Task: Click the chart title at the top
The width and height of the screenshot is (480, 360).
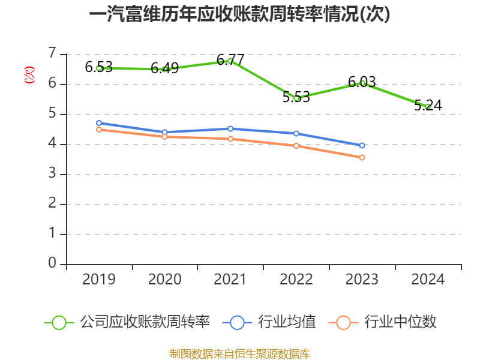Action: tap(239, 14)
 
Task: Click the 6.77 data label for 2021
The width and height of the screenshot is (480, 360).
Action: tap(230, 59)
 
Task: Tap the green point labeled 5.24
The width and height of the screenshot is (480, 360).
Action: tap(428, 107)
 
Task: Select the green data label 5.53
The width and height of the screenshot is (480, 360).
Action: tap(296, 97)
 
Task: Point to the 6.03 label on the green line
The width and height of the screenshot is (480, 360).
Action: tap(362, 82)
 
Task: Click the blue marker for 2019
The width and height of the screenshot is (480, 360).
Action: tap(99, 123)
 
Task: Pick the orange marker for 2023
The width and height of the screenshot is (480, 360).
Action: tap(362, 157)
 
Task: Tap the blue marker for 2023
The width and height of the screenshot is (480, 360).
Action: tap(362, 145)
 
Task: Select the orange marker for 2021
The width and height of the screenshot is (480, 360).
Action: tap(230, 139)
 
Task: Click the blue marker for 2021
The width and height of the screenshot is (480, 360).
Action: tap(230, 129)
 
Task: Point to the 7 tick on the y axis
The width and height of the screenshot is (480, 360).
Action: tap(53, 53)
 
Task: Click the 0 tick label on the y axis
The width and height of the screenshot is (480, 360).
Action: tap(53, 263)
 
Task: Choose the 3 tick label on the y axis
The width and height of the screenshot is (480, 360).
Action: tap(53, 173)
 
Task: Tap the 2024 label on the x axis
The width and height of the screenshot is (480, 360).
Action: tap(428, 279)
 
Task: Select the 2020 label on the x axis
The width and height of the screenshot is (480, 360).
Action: tap(164, 279)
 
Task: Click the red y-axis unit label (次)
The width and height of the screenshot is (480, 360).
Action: tap(29, 75)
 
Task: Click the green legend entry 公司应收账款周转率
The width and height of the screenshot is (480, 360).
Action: tap(127, 322)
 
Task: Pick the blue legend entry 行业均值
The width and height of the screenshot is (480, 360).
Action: tap(269, 322)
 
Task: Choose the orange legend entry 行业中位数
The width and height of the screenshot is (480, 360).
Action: tap(382, 322)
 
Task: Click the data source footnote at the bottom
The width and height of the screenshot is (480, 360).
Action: tap(239, 354)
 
